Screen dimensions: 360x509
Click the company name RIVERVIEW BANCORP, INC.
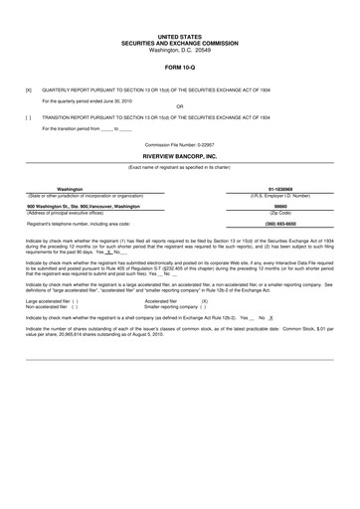pos(180,157)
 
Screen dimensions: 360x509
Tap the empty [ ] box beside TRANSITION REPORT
pos(28,117)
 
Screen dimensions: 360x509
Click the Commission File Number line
pos(179,144)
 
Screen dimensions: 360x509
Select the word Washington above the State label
pos(70,189)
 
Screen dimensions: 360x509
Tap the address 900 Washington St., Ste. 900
pos(90,206)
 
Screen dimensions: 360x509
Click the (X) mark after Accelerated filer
pos(205,300)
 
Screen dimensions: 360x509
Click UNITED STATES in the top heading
pos(179,34)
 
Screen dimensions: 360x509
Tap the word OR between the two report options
pos(179,105)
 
